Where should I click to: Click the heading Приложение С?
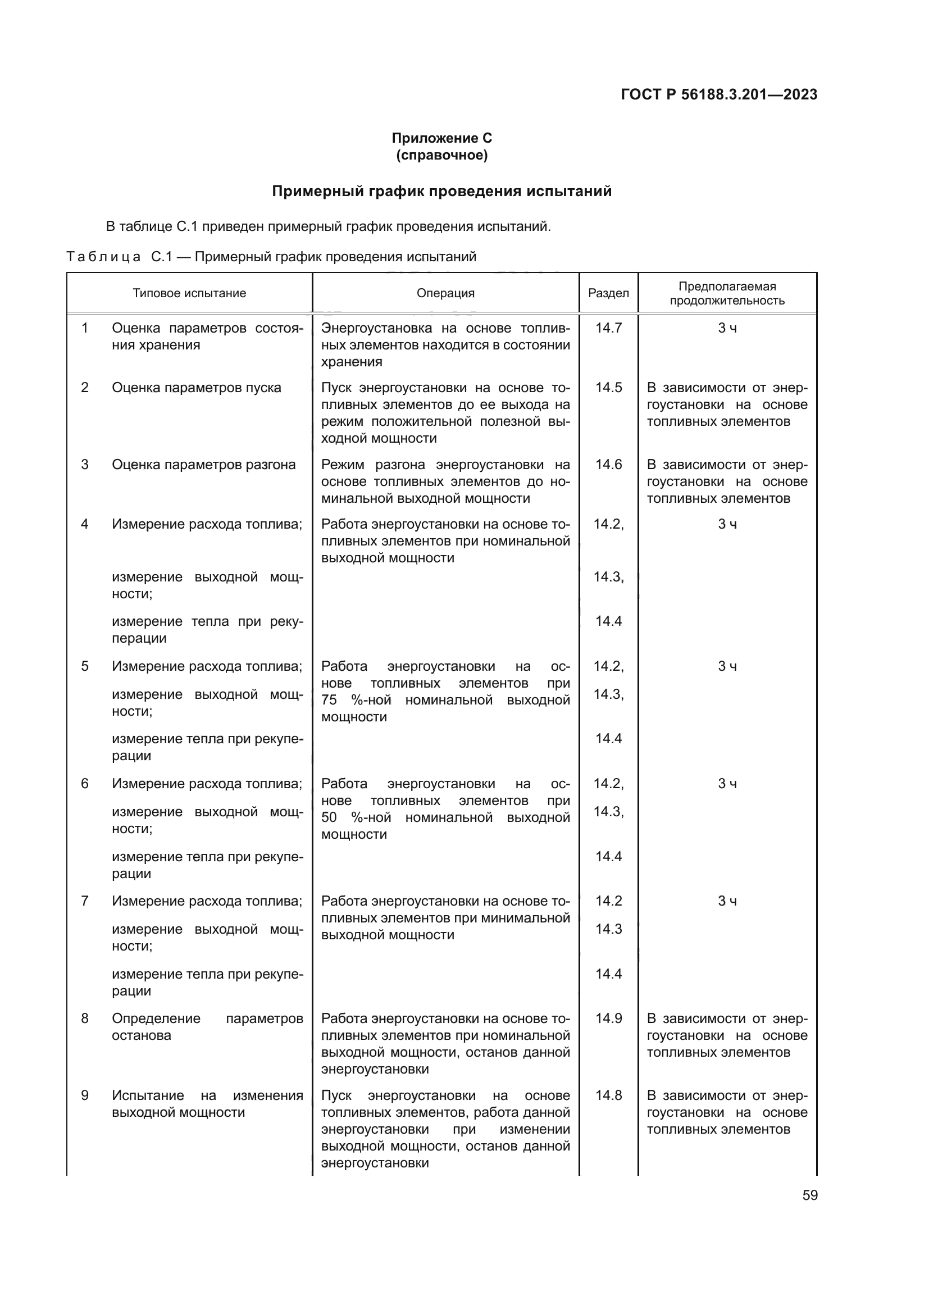441,138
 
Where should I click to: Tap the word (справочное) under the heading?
441,156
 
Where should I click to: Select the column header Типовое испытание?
189,294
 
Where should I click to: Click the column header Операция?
445,294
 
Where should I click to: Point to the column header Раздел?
608,294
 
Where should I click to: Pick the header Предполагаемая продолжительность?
727,294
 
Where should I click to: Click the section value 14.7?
608,328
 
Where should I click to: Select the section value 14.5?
608,388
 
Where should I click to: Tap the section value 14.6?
608,464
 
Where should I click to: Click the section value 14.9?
608,1018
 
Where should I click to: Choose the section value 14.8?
608,1095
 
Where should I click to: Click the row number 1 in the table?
85,328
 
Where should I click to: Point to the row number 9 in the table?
85,1095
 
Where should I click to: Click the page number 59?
809,1195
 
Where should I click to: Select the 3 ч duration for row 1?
727,328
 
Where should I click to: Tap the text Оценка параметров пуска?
196,388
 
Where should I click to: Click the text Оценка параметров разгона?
204,464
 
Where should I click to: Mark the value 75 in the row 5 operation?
329,700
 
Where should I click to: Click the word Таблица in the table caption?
103,257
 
